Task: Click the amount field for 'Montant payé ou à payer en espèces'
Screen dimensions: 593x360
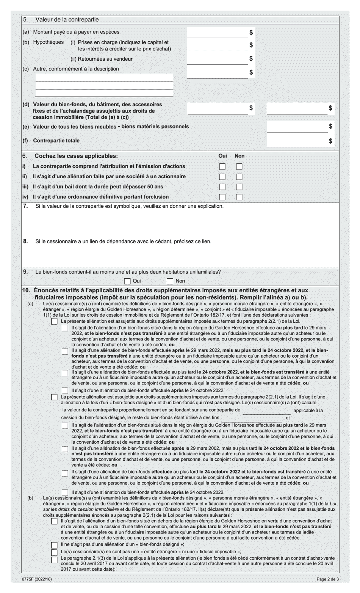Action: (218, 33)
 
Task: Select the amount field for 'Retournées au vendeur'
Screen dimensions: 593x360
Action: (218, 59)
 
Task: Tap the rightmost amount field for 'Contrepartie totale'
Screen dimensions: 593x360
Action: (297, 141)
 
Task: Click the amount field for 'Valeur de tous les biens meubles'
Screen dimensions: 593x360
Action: (297, 126)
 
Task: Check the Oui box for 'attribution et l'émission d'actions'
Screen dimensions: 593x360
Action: (222, 166)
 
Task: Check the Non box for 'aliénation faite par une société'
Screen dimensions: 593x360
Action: (239, 177)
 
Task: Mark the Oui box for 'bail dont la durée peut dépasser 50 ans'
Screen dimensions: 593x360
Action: (222, 187)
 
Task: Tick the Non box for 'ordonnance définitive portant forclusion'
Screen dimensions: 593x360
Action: (239, 197)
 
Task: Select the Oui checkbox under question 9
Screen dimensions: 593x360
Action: (127, 281)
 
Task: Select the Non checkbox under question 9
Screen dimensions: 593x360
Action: (170, 281)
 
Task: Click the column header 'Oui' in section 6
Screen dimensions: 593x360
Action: (222, 156)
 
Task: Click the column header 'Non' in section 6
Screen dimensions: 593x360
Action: (239, 156)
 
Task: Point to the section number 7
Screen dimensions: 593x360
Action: (25, 206)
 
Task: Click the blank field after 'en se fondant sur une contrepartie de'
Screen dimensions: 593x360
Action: (266, 410)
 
